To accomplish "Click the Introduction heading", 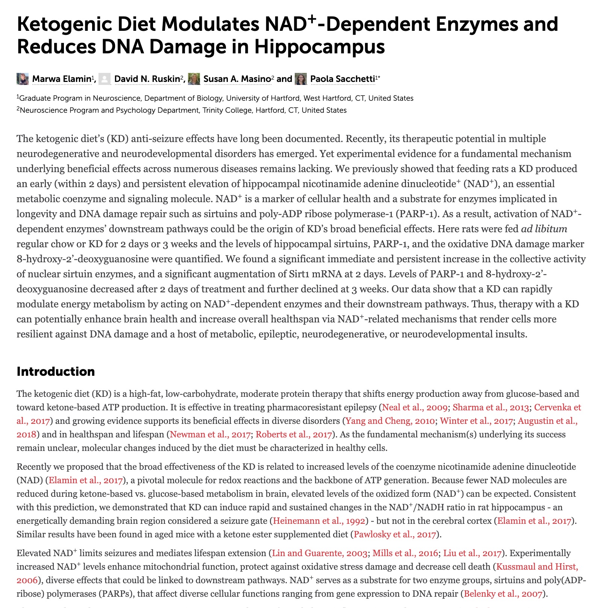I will coord(56,371).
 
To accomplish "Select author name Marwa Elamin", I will coord(62,79).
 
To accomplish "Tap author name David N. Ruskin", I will coord(147,79).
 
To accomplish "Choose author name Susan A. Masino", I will coord(237,79).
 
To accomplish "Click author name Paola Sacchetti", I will coord(342,79).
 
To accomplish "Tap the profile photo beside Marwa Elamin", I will coord(23,79).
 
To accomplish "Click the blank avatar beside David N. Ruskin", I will coord(105,79).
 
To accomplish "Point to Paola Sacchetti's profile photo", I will coord(301,79).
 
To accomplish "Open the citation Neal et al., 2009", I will coord(415,407).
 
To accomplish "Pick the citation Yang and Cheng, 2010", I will coord(390,421).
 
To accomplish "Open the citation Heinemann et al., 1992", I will coord(319,521).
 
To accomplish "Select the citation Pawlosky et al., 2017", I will coord(395,534).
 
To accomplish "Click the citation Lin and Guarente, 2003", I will coord(320,553).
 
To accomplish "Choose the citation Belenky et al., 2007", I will coord(503,594).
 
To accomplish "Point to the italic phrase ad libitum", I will coord(544,229).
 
